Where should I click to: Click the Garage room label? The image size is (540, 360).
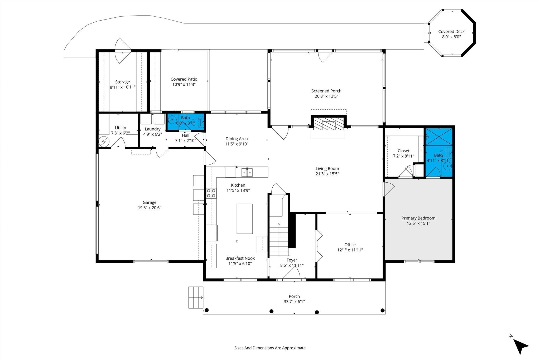pos(150,202)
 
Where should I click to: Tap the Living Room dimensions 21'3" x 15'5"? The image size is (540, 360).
pos(327,174)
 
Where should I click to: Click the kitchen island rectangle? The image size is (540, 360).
pos(244,219)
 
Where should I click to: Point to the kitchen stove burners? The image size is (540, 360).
pos(211,193)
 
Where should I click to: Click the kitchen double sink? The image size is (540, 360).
pos(247,172)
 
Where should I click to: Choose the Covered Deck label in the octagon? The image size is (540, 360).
pos(451,32)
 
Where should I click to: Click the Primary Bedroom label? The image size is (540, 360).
pos(418,218)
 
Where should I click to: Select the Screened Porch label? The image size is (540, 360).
pos(326,91)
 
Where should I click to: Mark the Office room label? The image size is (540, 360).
pos(350,245)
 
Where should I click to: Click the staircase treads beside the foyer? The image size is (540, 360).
pos(279,239)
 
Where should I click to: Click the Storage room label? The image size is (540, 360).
pos(123,82)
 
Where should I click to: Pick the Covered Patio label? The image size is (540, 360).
pos(184,79)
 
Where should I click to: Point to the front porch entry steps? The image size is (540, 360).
pos(196,297)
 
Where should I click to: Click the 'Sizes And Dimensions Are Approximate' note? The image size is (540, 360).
pos(270,348)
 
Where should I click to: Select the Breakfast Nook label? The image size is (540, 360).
pos(240,258)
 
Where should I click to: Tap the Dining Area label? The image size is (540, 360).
pos(237,139)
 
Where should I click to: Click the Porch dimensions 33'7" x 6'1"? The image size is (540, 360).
pos(294,302)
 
